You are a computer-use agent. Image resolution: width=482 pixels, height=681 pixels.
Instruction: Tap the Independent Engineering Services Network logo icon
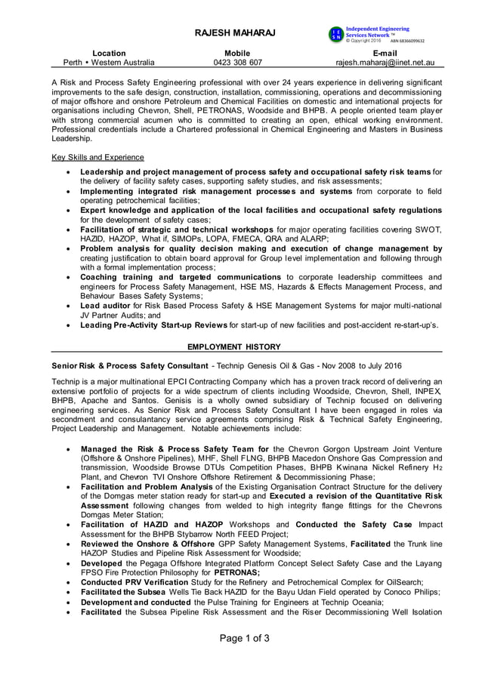[335, 34]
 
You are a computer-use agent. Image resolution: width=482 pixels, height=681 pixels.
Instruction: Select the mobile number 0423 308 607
[237, 63]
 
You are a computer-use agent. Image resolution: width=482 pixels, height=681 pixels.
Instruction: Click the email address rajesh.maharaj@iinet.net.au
[385, 63]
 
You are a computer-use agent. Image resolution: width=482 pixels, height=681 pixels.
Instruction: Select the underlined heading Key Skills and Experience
[97, 158]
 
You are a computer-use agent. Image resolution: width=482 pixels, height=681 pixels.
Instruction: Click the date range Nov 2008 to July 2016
[348, 365]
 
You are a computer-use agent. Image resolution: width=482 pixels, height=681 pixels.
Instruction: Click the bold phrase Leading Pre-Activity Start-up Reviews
[153, 325]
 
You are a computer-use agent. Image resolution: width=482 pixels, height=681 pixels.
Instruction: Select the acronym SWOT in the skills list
[427, 229]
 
